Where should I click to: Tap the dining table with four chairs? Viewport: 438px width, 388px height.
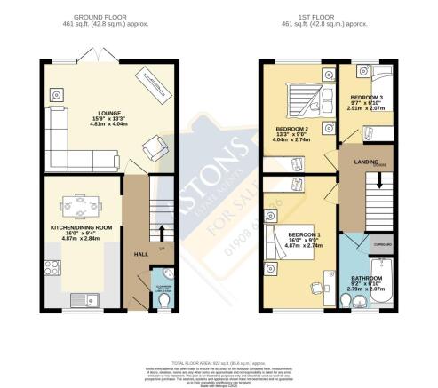coord(86,206)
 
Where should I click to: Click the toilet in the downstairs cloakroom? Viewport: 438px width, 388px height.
coord(159,303)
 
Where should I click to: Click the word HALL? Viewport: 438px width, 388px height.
coord(140,254)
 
